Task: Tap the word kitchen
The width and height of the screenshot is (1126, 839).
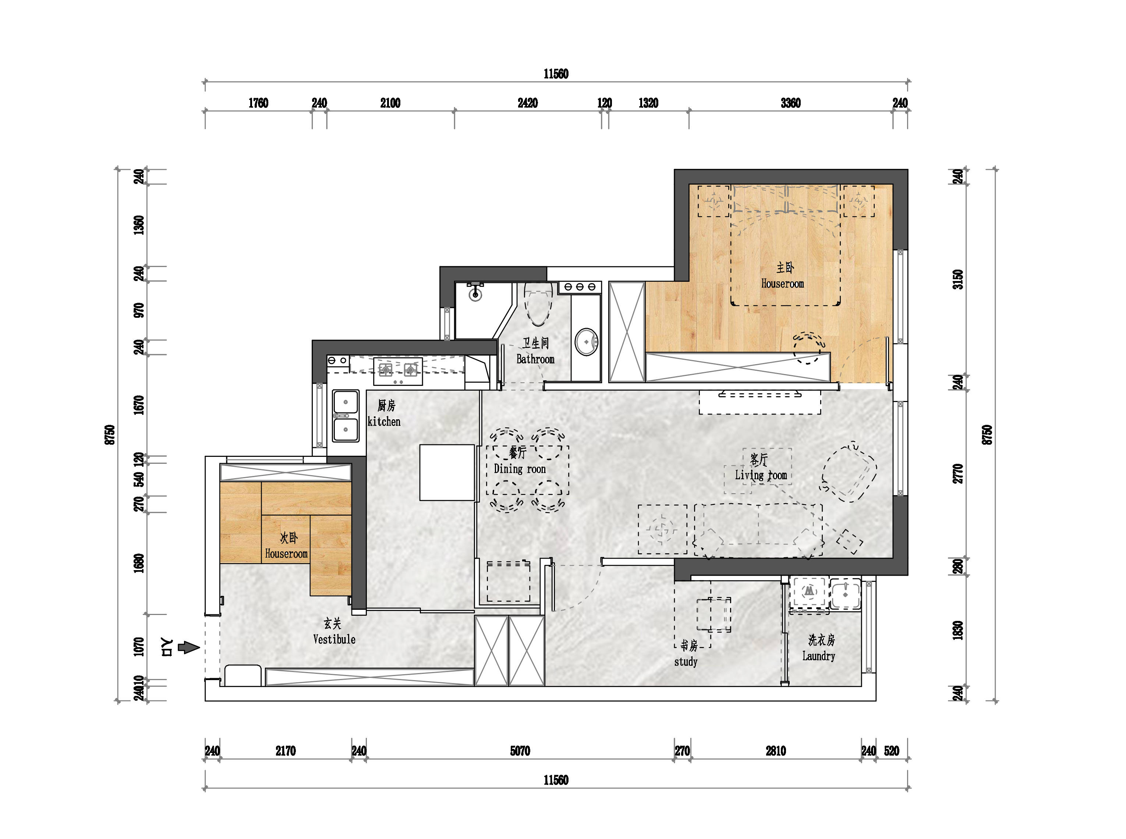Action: coord(384,422)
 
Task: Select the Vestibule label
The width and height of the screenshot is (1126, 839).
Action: coord(334,639)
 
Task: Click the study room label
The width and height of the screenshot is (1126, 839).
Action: coord(686,662)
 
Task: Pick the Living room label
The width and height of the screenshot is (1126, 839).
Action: coord(761,475)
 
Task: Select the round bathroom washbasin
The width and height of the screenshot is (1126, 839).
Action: coord(587,342)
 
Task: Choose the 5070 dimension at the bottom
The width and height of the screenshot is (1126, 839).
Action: coord(520,751)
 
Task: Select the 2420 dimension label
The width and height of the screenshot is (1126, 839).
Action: coord(527,103)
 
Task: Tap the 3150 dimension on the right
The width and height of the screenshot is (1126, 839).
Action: coord(958,279)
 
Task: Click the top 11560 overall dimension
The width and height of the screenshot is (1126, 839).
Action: coord(556,74)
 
